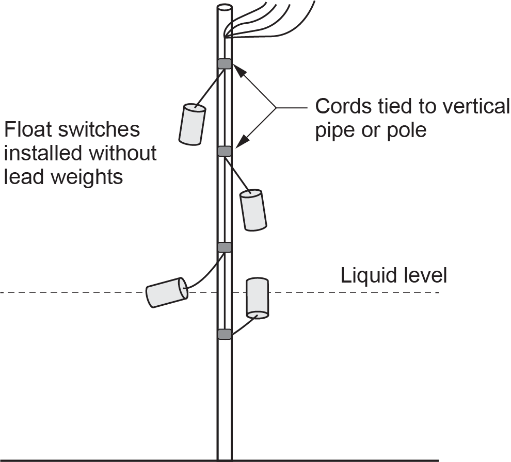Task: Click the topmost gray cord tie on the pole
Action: pos(224,64)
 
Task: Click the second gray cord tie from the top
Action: pos(224,151)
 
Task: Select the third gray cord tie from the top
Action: pos(224,247)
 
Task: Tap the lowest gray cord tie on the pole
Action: pos(224,334)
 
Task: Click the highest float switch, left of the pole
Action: pos(192,124)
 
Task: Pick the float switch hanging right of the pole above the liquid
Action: pos(253,210)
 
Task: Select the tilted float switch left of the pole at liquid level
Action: pos(166,292)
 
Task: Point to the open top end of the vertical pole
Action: pos(224,8)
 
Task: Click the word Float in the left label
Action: pos(27,129)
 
